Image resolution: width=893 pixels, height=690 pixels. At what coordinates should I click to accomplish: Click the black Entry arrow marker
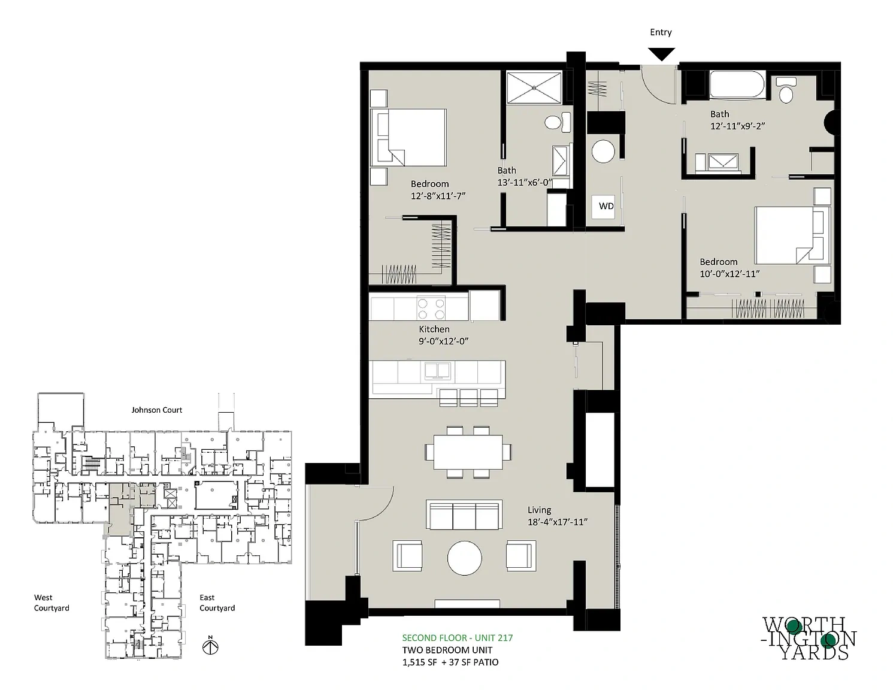[661, 54]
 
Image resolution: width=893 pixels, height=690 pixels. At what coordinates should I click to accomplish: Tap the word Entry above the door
[661, 32]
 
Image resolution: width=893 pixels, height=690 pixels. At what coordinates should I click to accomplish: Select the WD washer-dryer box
[603, 207]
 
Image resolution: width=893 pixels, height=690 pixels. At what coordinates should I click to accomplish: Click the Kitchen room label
[434, 329]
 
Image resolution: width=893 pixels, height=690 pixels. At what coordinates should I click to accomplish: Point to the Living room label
[539, 510]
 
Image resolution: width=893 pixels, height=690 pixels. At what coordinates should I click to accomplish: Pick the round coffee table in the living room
[464, 558]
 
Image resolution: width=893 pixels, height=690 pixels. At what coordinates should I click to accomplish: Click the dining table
[468, 452]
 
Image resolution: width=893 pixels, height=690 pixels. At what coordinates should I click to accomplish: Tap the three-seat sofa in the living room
[464, 515]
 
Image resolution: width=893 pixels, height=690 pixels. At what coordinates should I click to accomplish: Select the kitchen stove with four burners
[431, 308]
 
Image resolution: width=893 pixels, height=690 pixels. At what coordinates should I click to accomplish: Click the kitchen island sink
[438, 371]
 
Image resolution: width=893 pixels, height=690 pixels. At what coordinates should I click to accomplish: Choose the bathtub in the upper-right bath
[738, 84]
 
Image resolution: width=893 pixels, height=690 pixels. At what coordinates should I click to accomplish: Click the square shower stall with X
[534, 87]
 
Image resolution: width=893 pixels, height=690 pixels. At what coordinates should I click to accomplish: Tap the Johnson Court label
[156, 410]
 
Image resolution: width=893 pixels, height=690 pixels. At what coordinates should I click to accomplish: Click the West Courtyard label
[52, 603]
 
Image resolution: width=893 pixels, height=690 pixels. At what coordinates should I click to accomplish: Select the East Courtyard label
[217, 603]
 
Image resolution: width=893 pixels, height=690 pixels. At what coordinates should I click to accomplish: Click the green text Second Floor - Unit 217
[458, 638]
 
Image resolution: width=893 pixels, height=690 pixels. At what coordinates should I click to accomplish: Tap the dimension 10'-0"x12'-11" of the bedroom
[729, 274]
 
